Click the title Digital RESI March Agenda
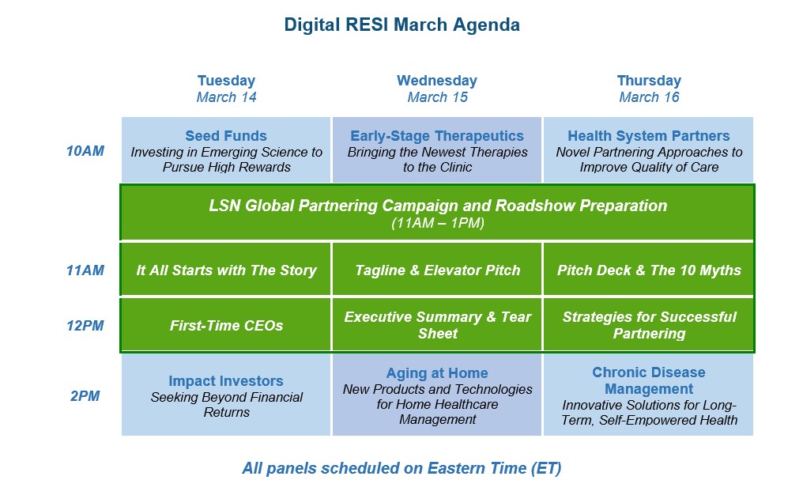tap(402, 25)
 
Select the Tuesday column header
tap(226, 81)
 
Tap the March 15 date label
tap(437, 97)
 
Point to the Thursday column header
tap(649, 81)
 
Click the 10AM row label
tap(85, 151)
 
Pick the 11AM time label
tap(85, 270)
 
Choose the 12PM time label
tap(85, 326)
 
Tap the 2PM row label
tap(85, 396)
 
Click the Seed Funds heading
tap(226, 136)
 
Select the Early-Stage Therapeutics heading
tap(437, 136)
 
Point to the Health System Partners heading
tap(648, 136)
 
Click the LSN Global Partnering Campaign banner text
tap(438, 206)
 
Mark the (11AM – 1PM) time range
tap(438, 223)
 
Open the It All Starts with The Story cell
tap(226, 270)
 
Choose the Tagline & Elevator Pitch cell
tap(437, 270)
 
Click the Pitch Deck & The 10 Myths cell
tap(649, 270)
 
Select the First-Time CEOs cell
tap(226, 326)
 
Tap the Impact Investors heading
tap(226, 381)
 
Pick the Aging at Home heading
tap(437, 373)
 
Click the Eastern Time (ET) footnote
tap(401, 468)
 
